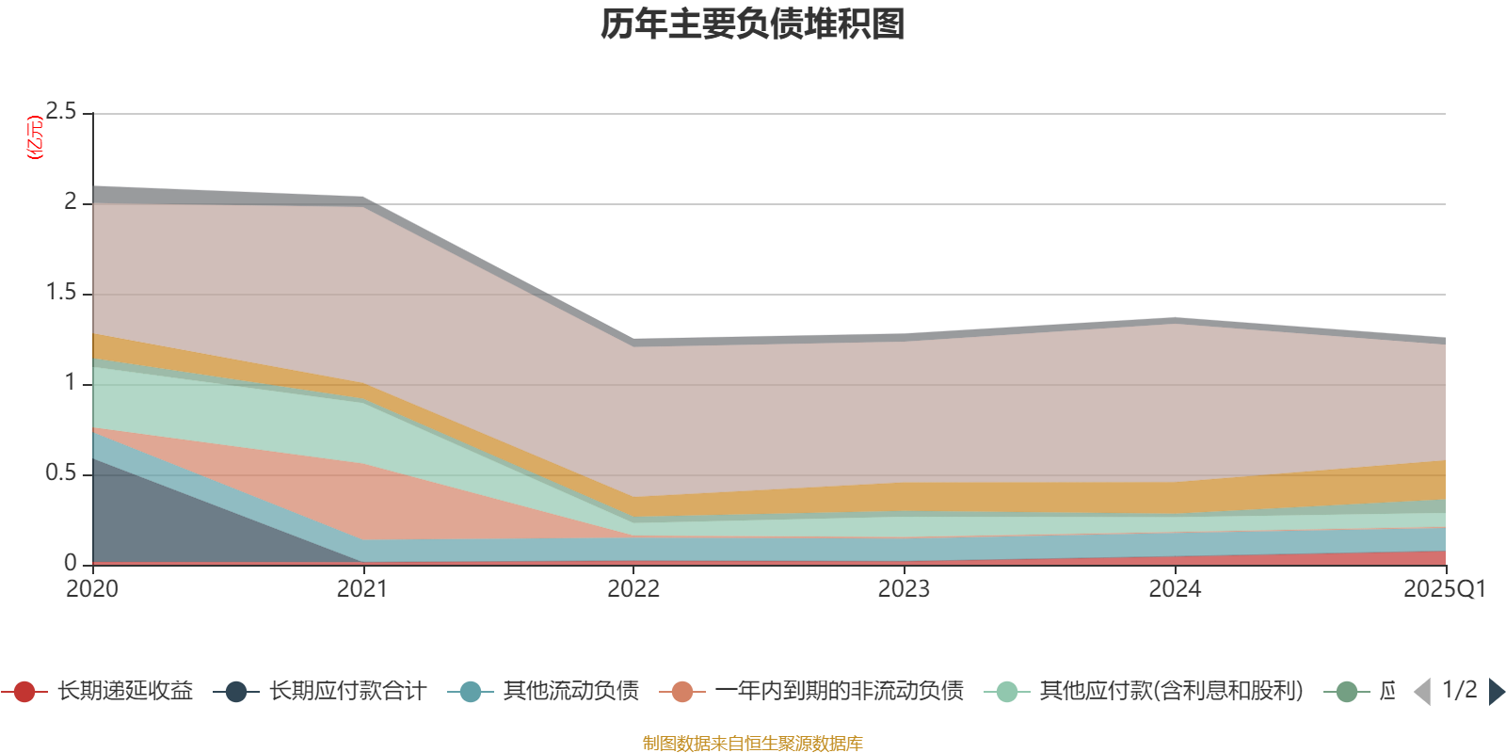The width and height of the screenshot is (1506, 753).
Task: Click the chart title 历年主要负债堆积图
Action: click(753, 25)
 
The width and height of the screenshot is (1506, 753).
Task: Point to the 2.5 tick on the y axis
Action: click(61, 112)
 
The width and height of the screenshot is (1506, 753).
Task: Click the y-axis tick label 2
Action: click(71, 202)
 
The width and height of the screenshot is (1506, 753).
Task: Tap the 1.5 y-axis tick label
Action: click(61, 293)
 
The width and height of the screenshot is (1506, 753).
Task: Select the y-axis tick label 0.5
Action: click(61, 473)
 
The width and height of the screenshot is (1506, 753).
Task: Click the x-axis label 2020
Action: click(92, 589)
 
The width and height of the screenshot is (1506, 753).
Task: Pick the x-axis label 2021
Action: click(362, 589)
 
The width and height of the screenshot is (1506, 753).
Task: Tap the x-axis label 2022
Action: click(633, 589)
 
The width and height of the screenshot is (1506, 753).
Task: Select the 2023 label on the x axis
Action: click(904, 589)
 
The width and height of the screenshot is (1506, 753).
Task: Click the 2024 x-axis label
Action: click(1175, 589)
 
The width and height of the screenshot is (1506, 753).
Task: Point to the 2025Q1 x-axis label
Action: click(1444, 589)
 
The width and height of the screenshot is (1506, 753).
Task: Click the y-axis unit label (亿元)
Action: click(36, 137)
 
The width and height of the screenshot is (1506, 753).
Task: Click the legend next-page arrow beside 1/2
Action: click(1496, 692)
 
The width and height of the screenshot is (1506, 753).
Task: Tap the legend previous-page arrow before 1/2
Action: click(1422, 692)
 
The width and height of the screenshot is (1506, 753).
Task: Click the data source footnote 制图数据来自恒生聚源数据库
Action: click(752, 744)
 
